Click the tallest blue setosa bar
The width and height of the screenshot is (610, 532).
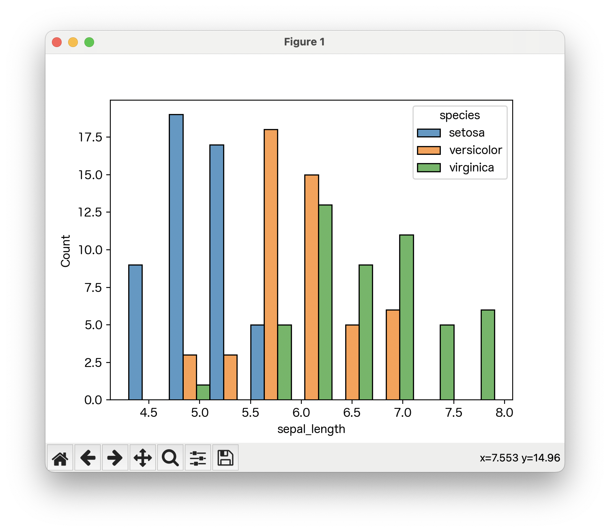click(176, 257)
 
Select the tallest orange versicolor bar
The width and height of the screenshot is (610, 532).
click(271, 264)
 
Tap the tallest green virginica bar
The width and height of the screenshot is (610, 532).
click(325, 302)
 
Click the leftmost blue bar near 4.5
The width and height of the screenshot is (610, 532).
click(135, 332)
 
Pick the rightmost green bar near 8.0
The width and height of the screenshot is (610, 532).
click(488, 355)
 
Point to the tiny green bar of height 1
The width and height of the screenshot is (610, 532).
click(203, 392)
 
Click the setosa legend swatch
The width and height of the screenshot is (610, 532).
click(429, 133)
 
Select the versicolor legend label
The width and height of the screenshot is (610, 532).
click(475, 150)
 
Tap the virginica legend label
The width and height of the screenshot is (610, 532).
click(471, 167)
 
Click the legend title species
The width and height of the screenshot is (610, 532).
click(460, 115)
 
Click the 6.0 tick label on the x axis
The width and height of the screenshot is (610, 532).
click(301, 413)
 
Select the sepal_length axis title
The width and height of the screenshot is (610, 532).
click(311, 429)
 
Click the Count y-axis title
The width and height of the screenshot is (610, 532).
click(66, 251)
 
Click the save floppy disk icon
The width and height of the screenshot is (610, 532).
click(225, 458)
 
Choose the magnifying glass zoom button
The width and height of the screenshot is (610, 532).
click(170, 458)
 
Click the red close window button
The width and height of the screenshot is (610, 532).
click(57, 42)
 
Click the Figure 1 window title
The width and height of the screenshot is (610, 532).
click(304, 42)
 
